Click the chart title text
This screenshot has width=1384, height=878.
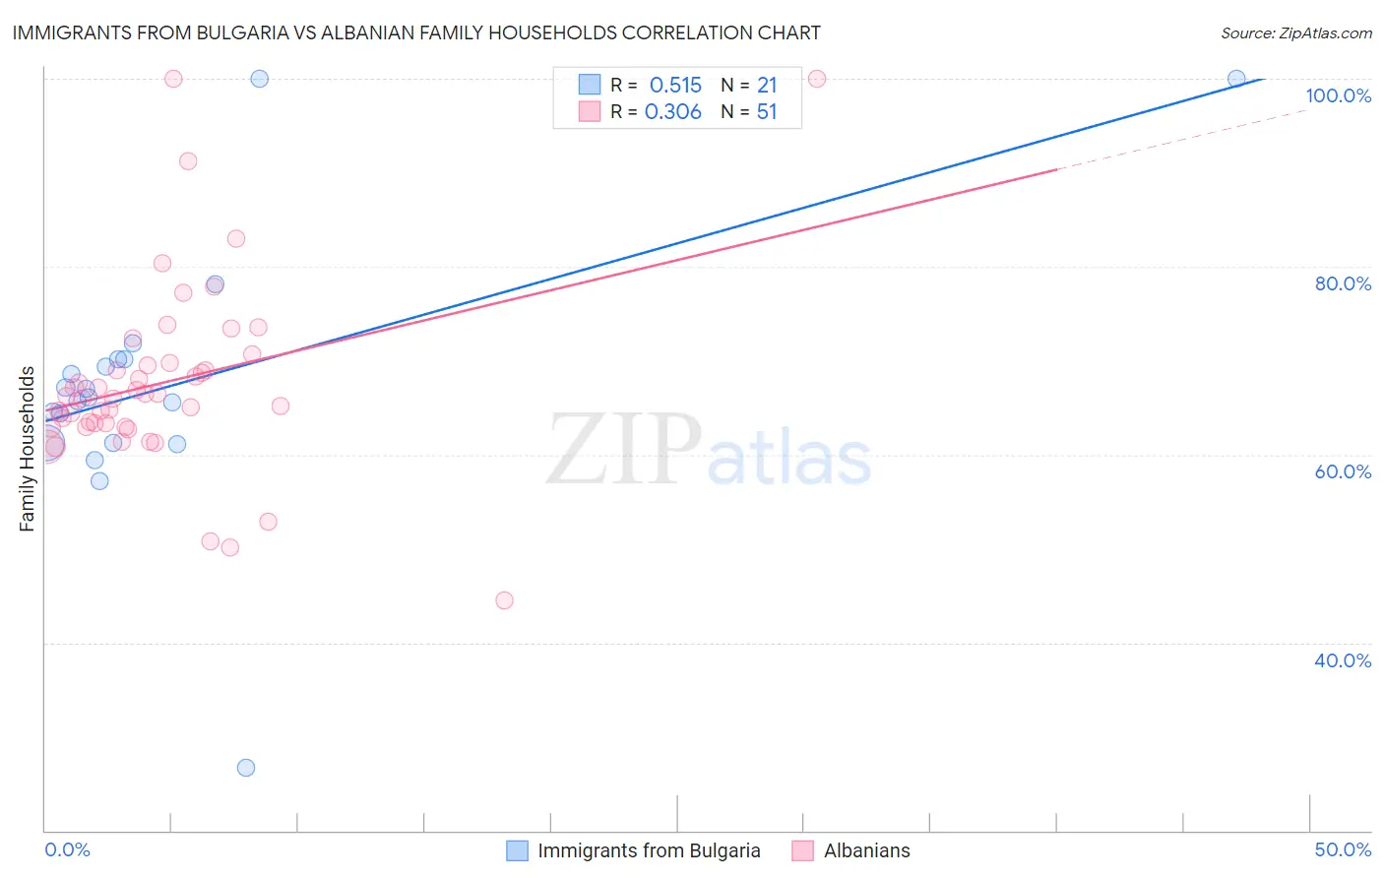pos(415,33)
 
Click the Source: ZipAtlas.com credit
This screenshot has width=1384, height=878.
pos(1295,33)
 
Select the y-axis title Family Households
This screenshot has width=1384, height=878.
pos(28,449)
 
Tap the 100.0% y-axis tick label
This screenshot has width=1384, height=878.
pos(1338,95)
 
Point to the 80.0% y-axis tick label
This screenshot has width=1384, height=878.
pos(1343,283)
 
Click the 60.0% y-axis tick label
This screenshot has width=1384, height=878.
pos(1343,471)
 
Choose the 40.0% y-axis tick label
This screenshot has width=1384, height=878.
pos(1343,660)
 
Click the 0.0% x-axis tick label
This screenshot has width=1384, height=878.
pos(68,849)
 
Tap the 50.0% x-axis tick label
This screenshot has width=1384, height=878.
pos(1343,849)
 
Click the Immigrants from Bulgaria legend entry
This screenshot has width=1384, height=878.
pos(649,850)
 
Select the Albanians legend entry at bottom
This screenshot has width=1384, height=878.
pos(866,850)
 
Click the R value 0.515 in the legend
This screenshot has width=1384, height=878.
pos(675,86)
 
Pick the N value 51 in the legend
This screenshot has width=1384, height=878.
pos(767,112)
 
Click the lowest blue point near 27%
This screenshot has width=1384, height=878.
pos(246,768)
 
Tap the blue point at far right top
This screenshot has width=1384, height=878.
pos(1236,79)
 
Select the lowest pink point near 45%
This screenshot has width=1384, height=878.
pos(504,600)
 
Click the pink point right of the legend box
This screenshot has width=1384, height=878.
pos(816,79)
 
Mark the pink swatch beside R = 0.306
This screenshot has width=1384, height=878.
pos(590,111)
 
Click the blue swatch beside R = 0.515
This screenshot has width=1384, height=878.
pos(590,85)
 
